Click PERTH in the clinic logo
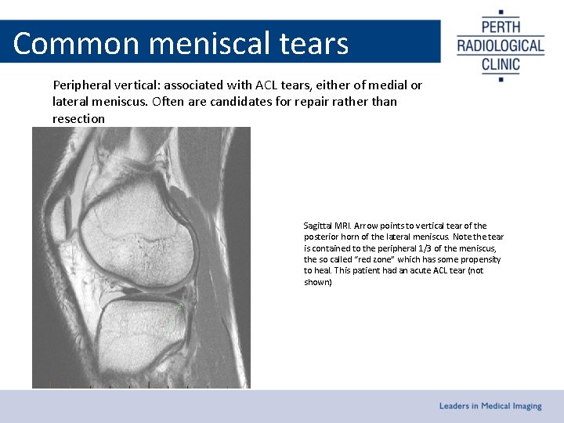click(x=501, y=25)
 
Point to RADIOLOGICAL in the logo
click(x=501, y=45)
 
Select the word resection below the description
click(x=78, y=119)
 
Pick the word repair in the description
click(x=309, y=102)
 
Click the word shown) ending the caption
click(x=318, y=282)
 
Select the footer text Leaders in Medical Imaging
click(x=490, y=406)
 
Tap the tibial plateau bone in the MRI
click(x=137, y=329)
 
